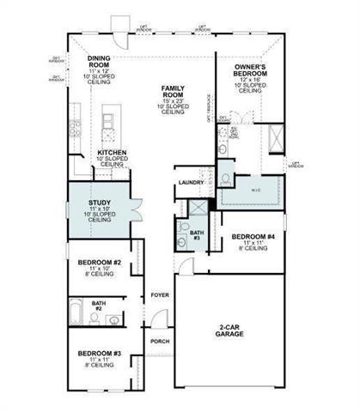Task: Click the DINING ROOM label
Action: tap(99, 62)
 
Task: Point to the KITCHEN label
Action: tap(113, 153)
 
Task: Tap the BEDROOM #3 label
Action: tap(100, 353)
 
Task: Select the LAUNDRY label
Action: tap(189, 183)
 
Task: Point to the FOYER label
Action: tap(160, 294)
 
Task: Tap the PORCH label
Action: tap(160, 341)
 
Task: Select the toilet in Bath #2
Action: tap(94, 318)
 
